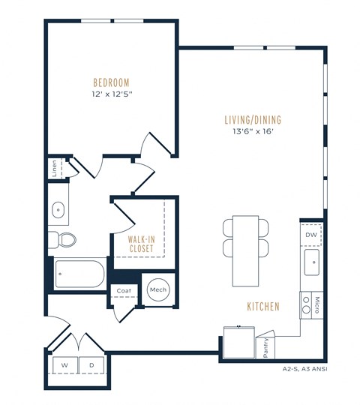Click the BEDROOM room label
(111, 82)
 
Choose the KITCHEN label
(262, 307)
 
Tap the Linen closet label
(54, 168)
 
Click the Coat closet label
(124, 290)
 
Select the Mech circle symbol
(157, 289)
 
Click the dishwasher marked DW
(310, 235)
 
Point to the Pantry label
(266, 347)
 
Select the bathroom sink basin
(58, 211)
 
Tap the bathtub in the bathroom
(79, 273)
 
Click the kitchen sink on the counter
(311, 262)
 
